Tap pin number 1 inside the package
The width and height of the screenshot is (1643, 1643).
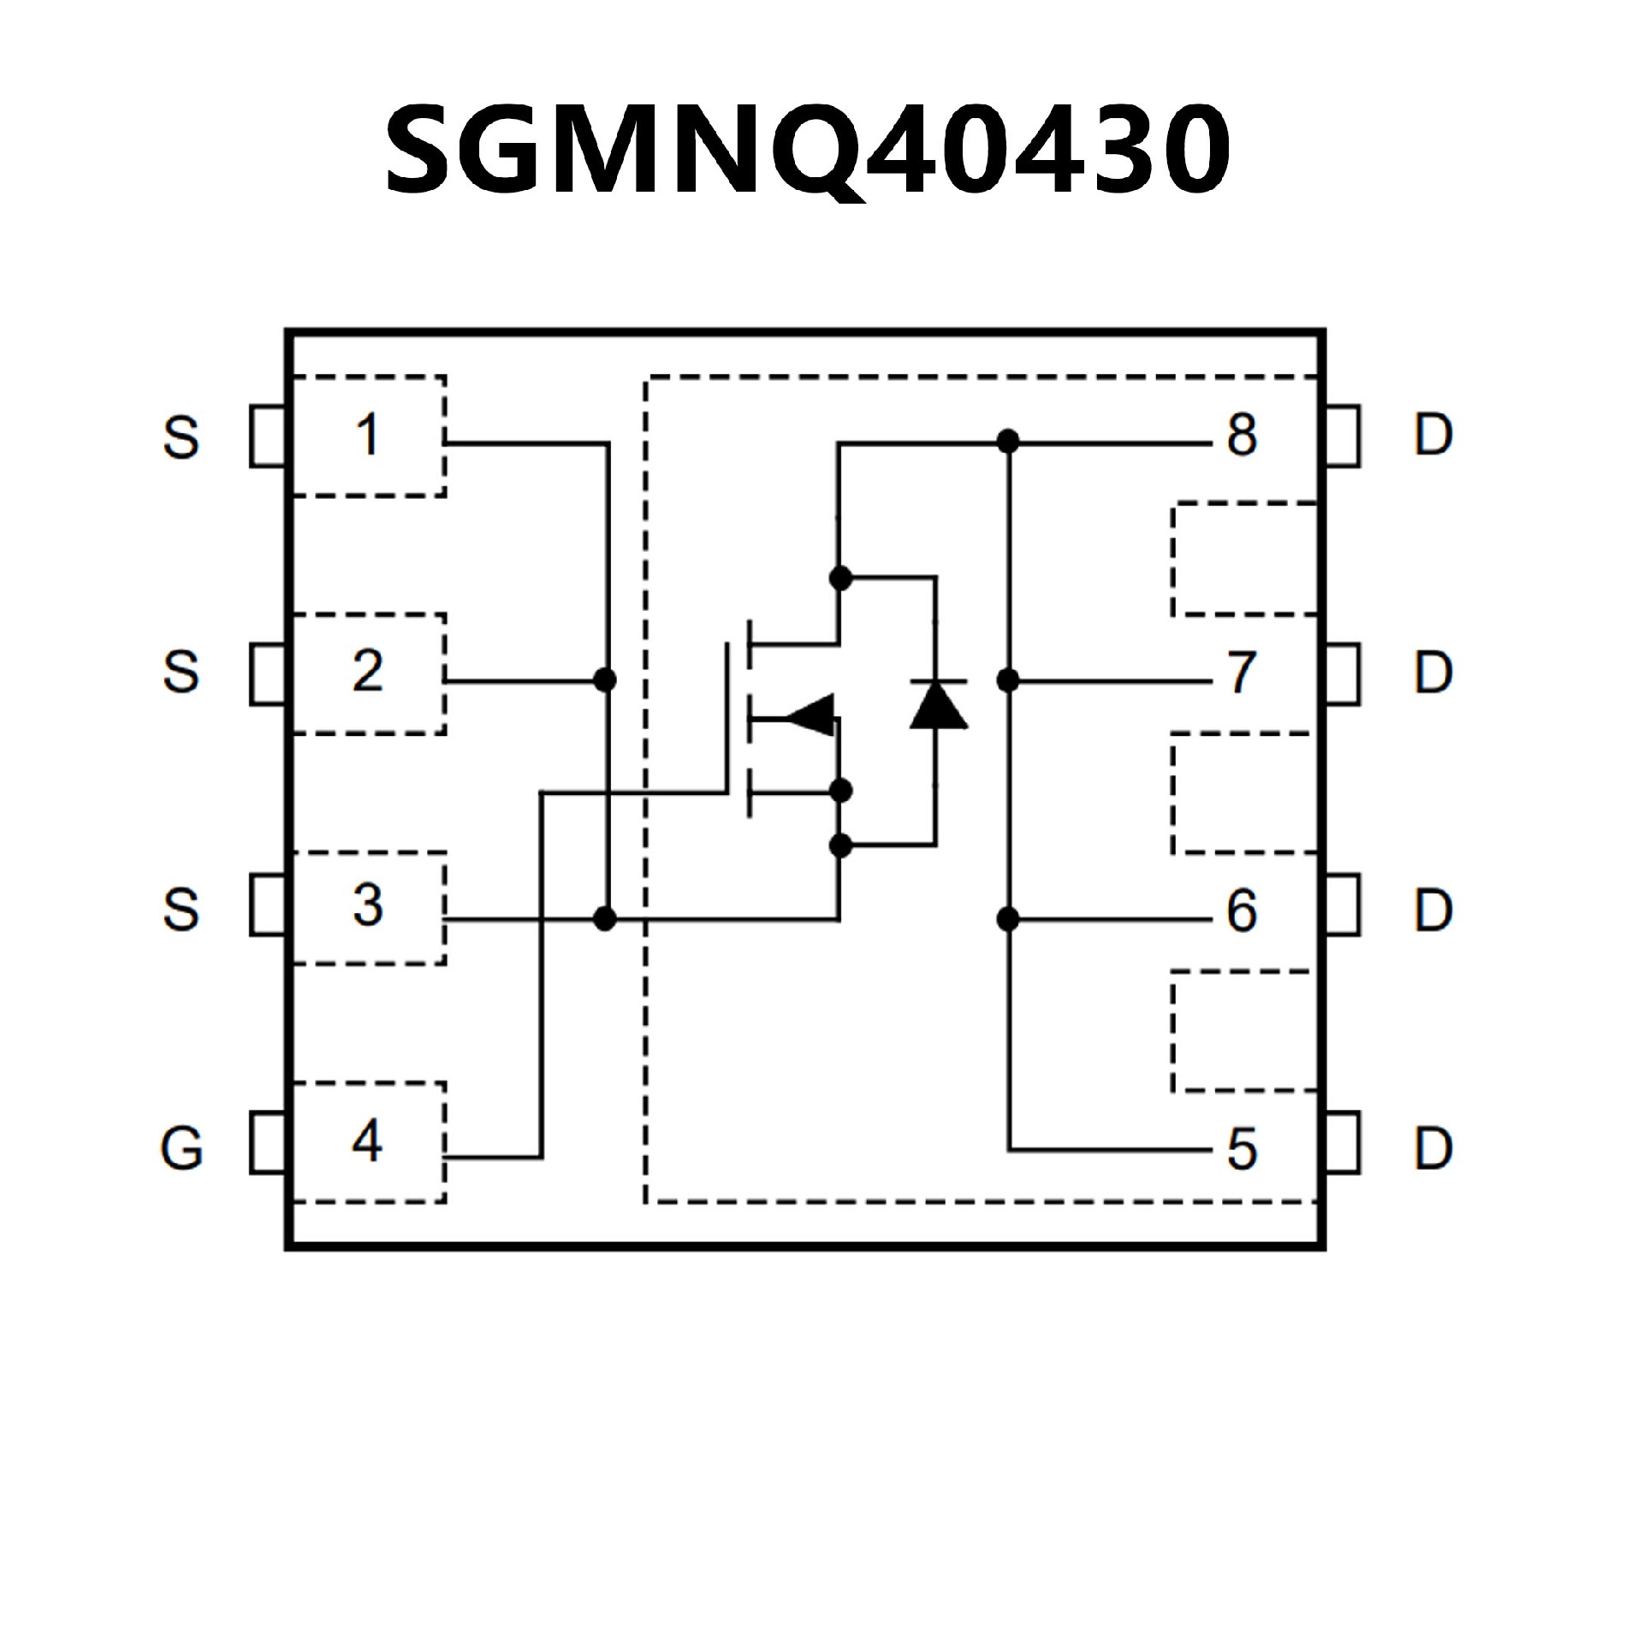click(368, 435)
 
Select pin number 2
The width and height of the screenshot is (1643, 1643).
click(368, 672)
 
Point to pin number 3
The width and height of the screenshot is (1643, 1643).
click(368, 905)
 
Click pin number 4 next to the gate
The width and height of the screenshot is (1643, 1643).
click(367, 1142)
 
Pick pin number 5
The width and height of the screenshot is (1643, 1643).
click(1242, 1149)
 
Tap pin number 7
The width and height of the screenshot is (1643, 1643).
click(1242, 673)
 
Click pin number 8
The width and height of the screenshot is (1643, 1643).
click(1242, 435)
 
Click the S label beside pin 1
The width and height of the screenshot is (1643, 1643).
click(181, 437)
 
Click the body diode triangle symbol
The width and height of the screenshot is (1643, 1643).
click(938, 706)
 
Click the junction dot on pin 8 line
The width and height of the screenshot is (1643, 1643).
click(1009, 442)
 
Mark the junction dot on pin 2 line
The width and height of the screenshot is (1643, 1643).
click(606, 680)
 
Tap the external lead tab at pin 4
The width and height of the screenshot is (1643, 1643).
click(268, 1142)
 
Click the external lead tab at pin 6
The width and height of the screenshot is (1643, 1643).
click(1343, 905)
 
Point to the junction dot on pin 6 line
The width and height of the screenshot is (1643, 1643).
click(1009, 920)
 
